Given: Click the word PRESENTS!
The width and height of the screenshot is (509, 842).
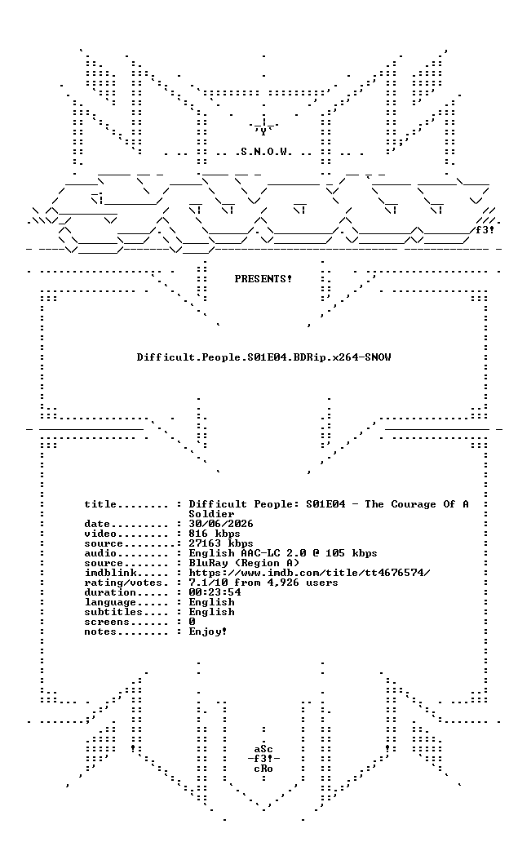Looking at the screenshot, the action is click(263, 279).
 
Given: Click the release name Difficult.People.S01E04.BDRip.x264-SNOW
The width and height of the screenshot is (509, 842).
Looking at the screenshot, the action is click(263, 357).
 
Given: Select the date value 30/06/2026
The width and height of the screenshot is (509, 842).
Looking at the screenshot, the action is click(221, 524).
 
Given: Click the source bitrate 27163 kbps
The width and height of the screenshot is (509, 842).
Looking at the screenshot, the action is click(221, 543).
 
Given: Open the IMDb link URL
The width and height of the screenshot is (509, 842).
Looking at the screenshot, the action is click(309, 573).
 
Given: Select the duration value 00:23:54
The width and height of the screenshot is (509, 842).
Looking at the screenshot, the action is click(215, 592).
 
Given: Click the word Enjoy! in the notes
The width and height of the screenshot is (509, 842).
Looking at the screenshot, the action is click(208, 631).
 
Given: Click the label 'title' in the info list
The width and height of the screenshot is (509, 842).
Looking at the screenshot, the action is click(100, 504).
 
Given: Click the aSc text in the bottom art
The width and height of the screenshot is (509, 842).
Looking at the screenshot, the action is click(263, 749).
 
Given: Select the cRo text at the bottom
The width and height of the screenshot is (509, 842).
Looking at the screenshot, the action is click(263, 769).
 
